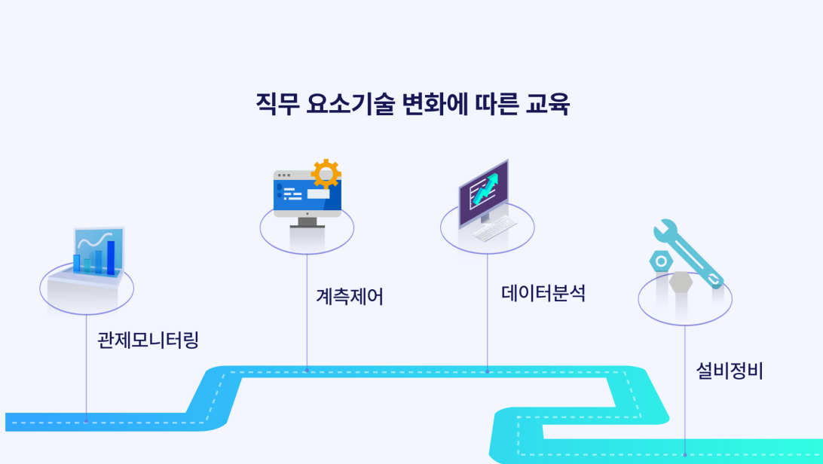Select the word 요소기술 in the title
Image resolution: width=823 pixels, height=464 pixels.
click(350, 104)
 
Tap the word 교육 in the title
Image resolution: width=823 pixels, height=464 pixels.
click(548, 104)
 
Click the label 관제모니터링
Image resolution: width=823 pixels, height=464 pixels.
click(148, 340)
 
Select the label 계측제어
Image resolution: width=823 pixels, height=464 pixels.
click(350, 297)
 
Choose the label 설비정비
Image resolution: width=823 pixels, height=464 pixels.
click(730, 371)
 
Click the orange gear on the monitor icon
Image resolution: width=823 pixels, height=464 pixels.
click(326, 174)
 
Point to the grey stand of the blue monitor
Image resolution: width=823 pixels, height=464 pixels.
click(307, 221)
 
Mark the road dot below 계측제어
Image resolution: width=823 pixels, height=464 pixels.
click(307, 371)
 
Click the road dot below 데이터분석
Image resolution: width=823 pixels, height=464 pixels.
click(487, 371)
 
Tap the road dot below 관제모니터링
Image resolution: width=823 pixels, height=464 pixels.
click(86, 422)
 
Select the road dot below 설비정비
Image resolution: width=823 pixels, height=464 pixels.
click(684, 454)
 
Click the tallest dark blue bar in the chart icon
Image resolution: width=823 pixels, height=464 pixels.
click(111, 257)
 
